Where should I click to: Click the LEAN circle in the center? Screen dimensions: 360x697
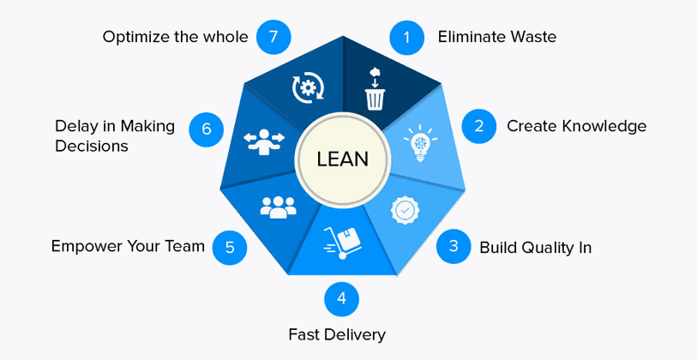tap(342, 159)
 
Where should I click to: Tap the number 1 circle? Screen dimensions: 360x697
tap(406, 37)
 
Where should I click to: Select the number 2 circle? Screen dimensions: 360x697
tap(479, 126)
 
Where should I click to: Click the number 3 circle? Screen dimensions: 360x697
tap(453, 247)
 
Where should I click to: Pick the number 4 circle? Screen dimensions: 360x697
tap(341, 298)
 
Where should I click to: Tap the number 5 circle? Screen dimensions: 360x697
tap(230, 247)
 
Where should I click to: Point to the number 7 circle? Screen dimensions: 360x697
tap(273, 37)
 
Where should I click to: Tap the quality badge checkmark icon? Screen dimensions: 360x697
tap(405, 210)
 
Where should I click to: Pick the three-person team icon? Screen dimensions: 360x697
tap(277, 207)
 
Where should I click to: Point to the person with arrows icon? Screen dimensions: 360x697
tap(263, 141)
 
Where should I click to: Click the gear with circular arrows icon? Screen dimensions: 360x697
tap(308, 87)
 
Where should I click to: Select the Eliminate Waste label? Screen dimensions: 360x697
tap(496, 37)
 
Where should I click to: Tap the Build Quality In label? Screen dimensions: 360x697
tap(535, 248)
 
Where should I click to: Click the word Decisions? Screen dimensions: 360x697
tap(91, 147)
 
